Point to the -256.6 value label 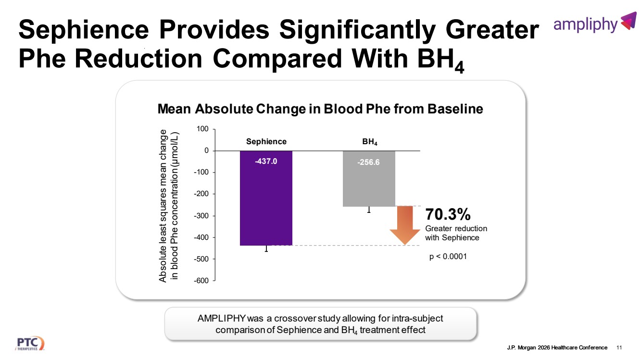[369, 162]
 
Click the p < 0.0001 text [448, 257]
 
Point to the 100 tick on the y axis [202, 129]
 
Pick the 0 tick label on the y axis [206, 151]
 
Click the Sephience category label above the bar [266, 142]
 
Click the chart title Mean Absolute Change [320, 110]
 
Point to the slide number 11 [619, 348]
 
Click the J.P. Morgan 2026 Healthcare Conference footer [557, 348]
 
